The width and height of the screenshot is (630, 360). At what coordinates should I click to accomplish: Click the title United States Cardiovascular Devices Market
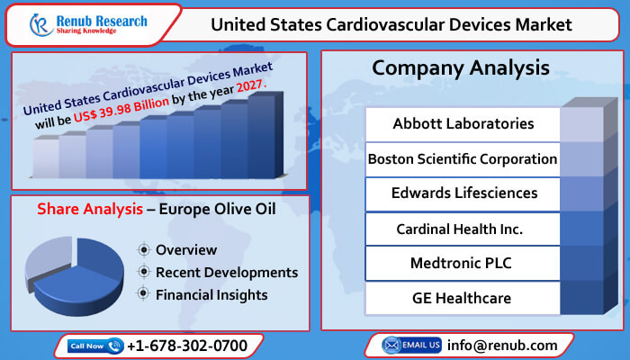[x=391, y=24]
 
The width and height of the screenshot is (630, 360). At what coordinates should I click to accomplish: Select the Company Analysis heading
[x=462, y=68]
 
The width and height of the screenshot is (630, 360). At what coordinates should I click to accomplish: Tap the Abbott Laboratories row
[x=463, y=123]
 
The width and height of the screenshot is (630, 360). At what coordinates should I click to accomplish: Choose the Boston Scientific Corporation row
[x=463, y=158]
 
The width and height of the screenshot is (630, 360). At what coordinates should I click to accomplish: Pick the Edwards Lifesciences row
[x=463, y=193]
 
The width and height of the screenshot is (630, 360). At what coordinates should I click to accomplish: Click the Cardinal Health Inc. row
[x=463, y=228]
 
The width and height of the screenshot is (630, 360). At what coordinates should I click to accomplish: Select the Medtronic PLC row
[x=463, y=263]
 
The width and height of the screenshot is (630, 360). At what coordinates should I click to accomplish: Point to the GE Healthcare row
[x=463, y=298]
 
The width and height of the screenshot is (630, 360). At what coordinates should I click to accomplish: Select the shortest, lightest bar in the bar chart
[x=46, y=157]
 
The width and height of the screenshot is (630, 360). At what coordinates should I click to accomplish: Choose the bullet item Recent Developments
[x=226, y=272]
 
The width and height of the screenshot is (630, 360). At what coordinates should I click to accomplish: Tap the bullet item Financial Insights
[x=211, y=293]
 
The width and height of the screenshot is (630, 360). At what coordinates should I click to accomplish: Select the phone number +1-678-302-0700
[x=186, y=346]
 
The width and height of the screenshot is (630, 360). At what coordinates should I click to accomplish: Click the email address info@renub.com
[x=501, y=346]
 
